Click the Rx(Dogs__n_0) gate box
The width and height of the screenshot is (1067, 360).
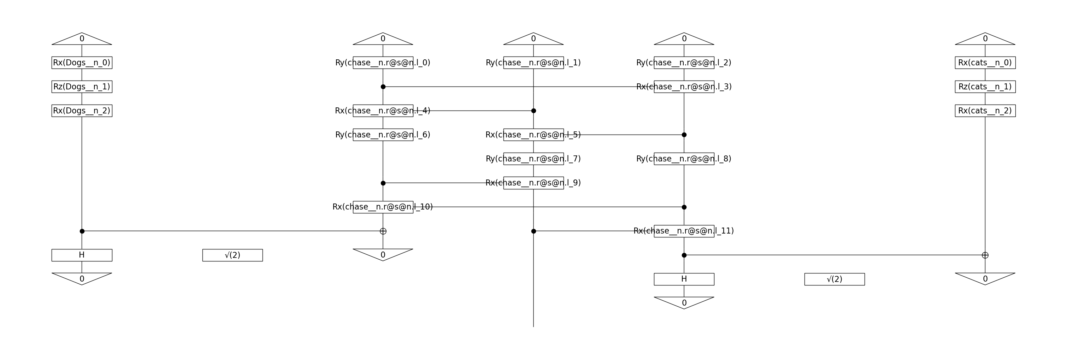pyautogui.click(x=82, y=63)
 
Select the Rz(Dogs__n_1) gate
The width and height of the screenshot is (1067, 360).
pyautogui.click(x=82, y=87)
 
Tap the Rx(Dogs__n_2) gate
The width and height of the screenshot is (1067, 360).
pyautogui.click(x=82, y=111)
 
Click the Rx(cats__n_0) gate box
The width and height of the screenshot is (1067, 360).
pyautogui.click(x=985, y=63)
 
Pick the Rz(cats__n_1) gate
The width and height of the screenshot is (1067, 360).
pyautogui.click(x=985, y=87)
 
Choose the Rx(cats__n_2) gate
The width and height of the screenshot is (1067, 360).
pyautogui.click(x=985, y=111)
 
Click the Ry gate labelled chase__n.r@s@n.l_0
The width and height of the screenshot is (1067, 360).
pyautogui.click(x=383, y=63)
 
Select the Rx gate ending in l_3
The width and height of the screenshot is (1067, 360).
pyautogui.click(x=684, y=87)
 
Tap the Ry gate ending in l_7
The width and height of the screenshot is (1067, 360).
pyautogui.click(x=533, y=159)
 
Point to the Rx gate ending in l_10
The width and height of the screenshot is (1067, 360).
pyautogui.click(x=383, y=207)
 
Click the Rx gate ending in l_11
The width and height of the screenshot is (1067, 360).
pyautogui.click(x=684, y=231)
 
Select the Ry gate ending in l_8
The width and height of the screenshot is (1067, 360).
pyautogui.click(x=684, y=159)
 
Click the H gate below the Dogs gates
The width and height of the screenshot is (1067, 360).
pyautogui.click(x=82, y=255)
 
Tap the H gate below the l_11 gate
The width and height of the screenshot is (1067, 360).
pyautogui.click(x=684, y=279)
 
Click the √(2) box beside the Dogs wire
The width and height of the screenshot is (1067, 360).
pyautogui.click(x=232, y=255)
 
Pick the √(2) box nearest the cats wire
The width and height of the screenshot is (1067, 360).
pyautogui.click(x=834, y=279)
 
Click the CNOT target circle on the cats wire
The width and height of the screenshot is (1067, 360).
pyautogui.click(x=985, y=255)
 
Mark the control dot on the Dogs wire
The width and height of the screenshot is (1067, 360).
pyautogui.click(x=82, y=231)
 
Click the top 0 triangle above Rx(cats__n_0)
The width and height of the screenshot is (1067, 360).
pyautogui.click(x=985, y=39)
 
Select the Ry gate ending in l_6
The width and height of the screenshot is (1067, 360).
pyautogui.click(x=383, y=135)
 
